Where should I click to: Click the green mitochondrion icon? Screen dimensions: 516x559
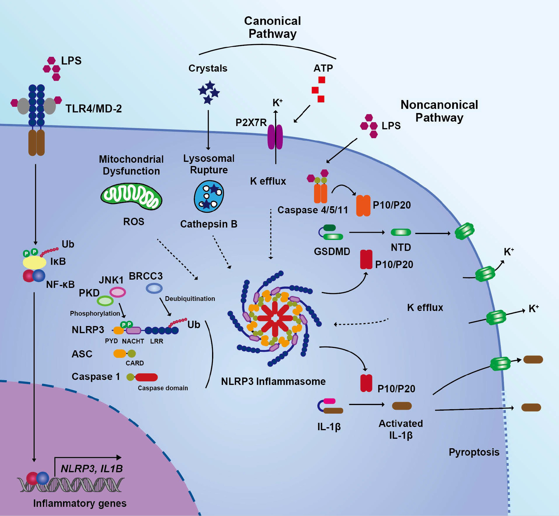pyautogui.click(x=131, y=196)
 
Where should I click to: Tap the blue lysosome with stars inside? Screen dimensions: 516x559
pyautogui.click(x=209, y=196)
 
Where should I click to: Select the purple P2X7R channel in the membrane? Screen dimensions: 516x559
pyautogui.click(x=275, y=137)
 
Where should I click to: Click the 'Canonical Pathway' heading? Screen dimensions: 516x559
pyautogui.click(x=272, y=27)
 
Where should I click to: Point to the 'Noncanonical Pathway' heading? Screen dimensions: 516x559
pyautogui.click(x=439, y=111)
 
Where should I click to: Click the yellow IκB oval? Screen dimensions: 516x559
pyautogui.click(x=35, y=262)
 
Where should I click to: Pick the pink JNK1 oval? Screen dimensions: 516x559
pyautogui.click(x=118, y=292)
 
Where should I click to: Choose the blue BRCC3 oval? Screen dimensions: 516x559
pyautogui.click(x=154, y=288)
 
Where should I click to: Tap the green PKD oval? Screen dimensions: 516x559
pyautogui.click(x=105, y=301)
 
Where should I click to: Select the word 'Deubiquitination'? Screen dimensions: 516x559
pyautogui.click(x=190, y=299)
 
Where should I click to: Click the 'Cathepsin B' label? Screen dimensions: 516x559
pyautogui.click(x=209, y=224)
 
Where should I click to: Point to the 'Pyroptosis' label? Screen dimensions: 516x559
pyautogui.click(x=474, y=452)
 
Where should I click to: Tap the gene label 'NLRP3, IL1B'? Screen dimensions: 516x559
pyautogui.click(x=92, y=469)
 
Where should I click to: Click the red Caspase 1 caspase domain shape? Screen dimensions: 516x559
pyautogui.click(x=147, y=377)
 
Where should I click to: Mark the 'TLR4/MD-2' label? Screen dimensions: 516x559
pyautogui.click(x=93, y=109)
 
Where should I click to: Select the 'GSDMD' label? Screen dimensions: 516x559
pyautogui.click(x=332, y=251)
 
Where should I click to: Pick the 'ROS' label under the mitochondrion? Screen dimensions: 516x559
pyautogui.click(x=134, y=221)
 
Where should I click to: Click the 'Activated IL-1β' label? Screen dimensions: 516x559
pyautogui.click(x=401, y=429)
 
